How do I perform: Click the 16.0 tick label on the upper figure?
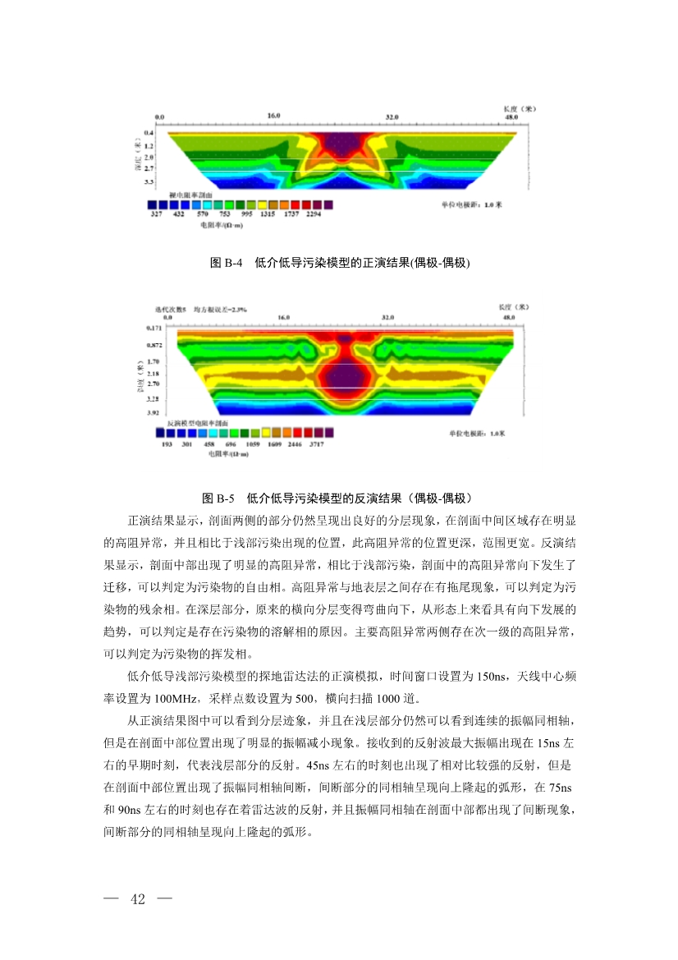click(273, 117)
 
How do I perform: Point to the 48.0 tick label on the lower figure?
click(509, 317)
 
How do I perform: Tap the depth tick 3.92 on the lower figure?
click(153, 413)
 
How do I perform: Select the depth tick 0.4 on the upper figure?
click(149, 133)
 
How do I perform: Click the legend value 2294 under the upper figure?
click(314, 214)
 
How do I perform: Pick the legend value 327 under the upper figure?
click(156, 214)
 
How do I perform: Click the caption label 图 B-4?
click(227, 263)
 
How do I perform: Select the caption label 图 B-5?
click(219, 498)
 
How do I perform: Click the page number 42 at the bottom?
click(137, 898)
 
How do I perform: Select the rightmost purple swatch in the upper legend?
click(328, 204)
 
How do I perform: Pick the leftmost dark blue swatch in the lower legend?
click(161, 432)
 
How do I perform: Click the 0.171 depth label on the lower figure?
click(153, 328)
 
